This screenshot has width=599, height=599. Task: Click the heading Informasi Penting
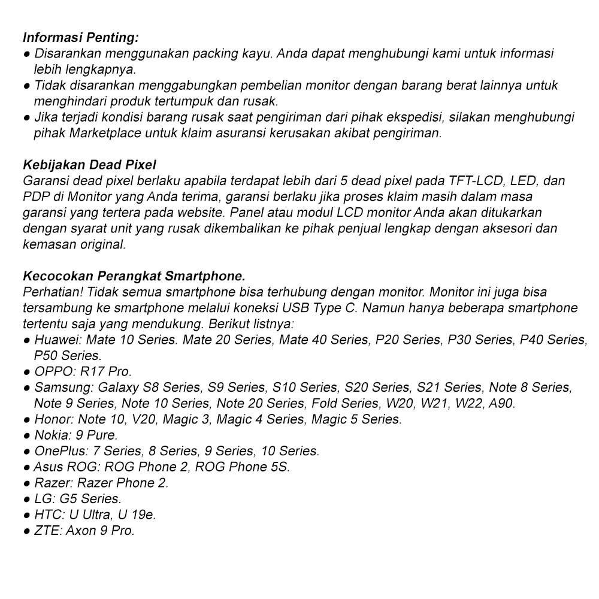pos(81,38)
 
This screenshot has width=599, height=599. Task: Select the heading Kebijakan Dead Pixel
pos(89,165)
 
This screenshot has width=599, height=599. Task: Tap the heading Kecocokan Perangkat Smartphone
pos(134,276)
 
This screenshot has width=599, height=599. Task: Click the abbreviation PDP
pos(37,196)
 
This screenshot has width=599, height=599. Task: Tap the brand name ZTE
pos(47,530)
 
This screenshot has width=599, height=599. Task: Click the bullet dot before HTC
pos(27,515)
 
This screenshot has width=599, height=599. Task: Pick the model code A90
pos(501,403)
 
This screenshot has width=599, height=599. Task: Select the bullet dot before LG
pos(27,499)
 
